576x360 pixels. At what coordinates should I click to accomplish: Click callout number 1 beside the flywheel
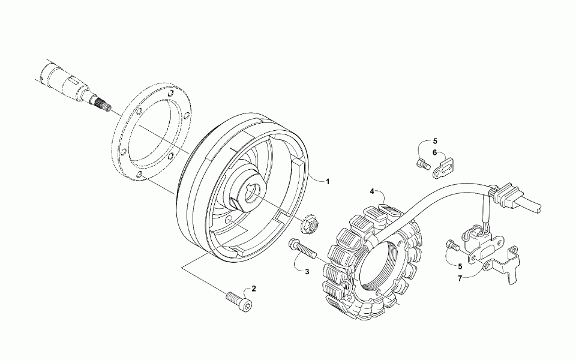pyautogui.click(x=328, y=181)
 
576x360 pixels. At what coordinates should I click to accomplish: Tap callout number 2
pyautogui.click(x=254, y=289)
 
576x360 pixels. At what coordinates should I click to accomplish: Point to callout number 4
pyautogui.click(x=372, y=191)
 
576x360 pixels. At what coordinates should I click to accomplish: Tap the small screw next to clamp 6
pyautogui.click(x=422, y=162)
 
